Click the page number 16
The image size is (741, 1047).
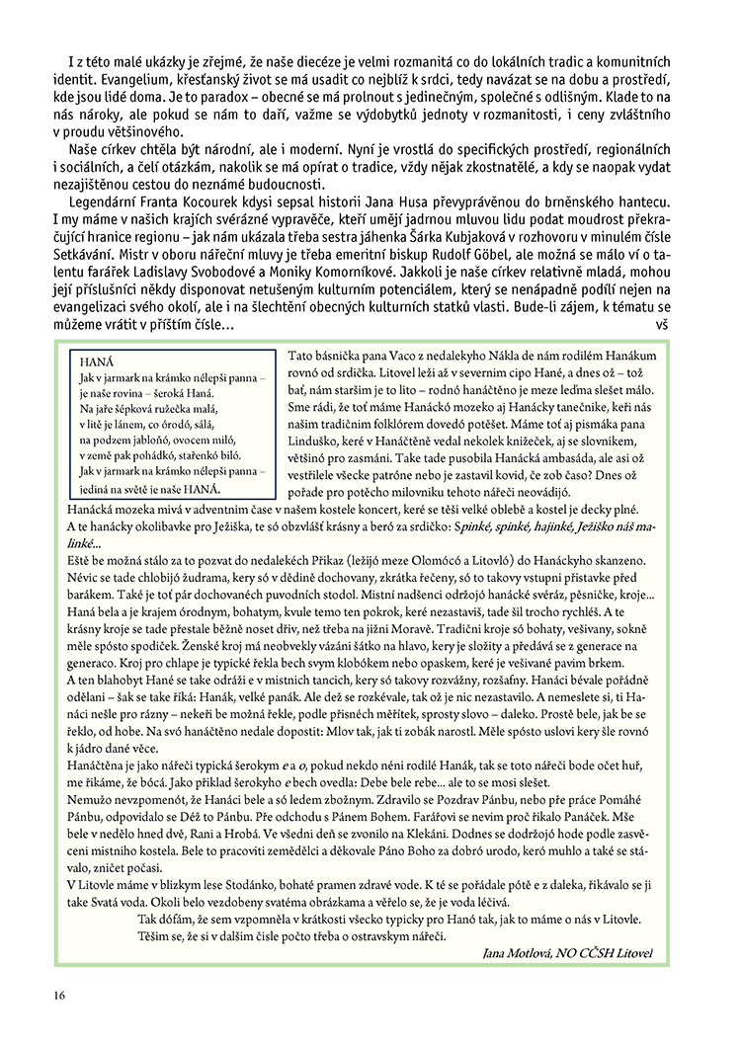pyautogui.click(x=60, y=995)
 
